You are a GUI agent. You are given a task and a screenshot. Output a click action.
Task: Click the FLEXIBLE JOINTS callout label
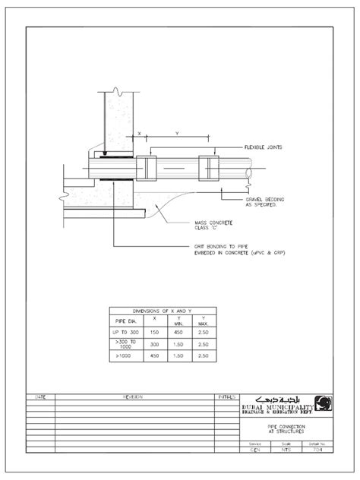[264, 147]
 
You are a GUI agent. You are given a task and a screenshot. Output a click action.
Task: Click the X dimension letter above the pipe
[140, 133]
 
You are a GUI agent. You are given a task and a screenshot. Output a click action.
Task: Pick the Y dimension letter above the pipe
[177, 133]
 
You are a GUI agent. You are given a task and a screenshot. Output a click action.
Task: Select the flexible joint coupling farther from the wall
[208, 169]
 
